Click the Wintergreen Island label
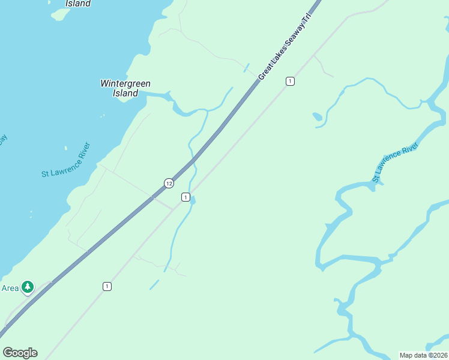(125, 88)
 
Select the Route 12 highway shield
(169, 182)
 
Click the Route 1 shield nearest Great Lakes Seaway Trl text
(290, 81)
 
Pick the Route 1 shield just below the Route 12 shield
(186, 197)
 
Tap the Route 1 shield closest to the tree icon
(106, 286)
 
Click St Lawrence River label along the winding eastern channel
(394, 162)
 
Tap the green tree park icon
(27, 287)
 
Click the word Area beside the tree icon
(10, 288)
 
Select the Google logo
(20, 353)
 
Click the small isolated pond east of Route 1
(317, 116)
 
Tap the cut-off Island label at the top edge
(77, 4)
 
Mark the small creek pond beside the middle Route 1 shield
(192, 200)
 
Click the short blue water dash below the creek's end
(155, 284)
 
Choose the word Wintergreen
(125, 84)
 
